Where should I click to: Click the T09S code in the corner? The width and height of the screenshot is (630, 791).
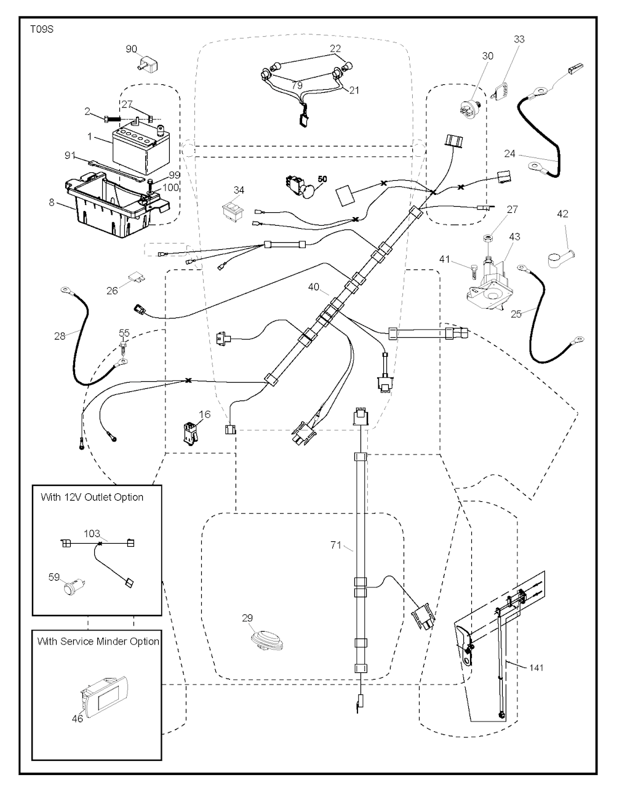(x=41, y=29)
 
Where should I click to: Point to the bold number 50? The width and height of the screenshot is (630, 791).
(x=322, y=178)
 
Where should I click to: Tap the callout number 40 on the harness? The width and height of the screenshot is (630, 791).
(x=314, y=287)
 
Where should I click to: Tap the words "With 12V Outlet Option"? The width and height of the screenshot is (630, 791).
(x=92, y=497)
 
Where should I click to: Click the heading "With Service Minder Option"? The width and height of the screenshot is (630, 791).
(x=98, y=641)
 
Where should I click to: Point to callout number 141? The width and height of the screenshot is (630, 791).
(x=535, y=667)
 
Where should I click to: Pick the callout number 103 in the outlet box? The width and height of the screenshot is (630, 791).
(x=92, y=534)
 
